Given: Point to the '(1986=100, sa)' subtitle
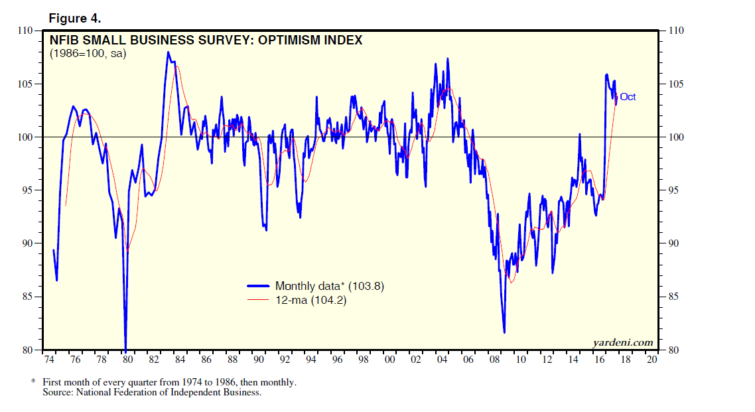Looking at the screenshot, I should (x=88, y=54).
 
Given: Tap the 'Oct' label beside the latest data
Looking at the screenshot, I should (x=628, y=97).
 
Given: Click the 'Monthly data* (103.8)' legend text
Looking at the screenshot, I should (x=330, y=287).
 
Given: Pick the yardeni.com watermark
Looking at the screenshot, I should (x=622, y=342).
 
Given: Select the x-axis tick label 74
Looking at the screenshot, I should (x=49, y=360).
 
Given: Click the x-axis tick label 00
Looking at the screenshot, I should (x=390, y=360).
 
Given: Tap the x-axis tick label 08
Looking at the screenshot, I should (x=495, y=360).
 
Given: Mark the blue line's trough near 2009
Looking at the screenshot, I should (x=504, y=332).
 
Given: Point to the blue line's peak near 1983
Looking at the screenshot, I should (x=168, y=52).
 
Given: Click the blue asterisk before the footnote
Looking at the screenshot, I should (x=33, y=382).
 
